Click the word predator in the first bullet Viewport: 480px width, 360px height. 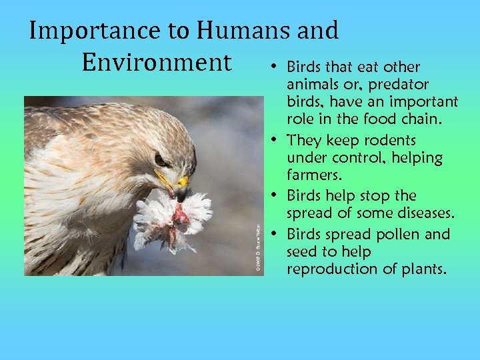399,85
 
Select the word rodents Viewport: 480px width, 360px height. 390,141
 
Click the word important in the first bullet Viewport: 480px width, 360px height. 423,102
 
